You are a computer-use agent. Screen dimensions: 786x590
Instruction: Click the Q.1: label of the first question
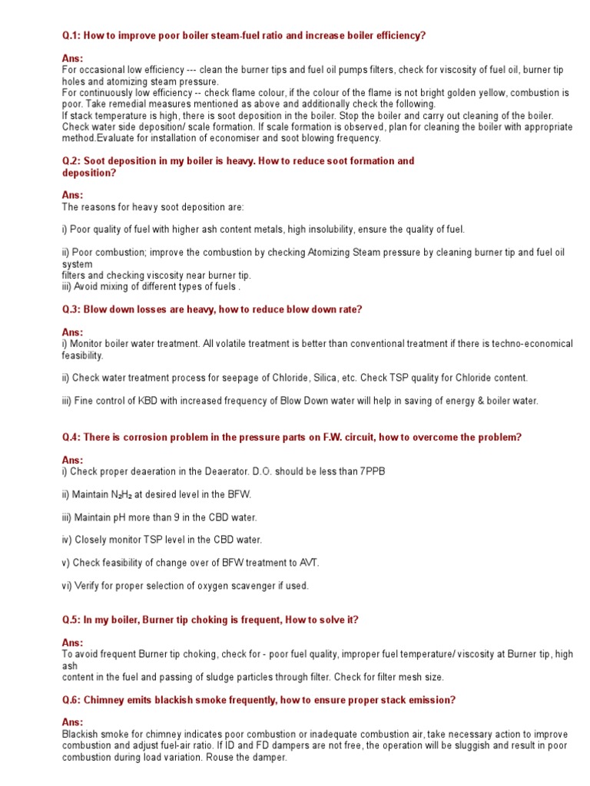[71, 35]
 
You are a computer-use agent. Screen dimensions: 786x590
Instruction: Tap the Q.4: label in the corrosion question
[71, 437]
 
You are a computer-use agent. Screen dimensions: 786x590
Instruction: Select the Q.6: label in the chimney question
[71, 700]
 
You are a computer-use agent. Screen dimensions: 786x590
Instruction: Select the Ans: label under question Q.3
[72, 332]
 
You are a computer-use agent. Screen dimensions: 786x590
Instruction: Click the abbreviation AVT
[305, 563]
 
